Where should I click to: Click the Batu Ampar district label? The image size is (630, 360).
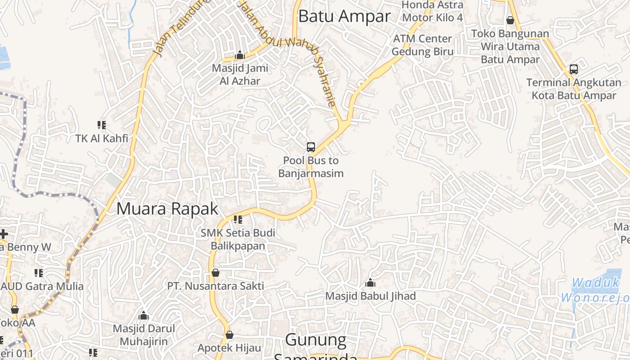[x=344, y=16]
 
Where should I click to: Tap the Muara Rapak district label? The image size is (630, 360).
[x=167, y=209]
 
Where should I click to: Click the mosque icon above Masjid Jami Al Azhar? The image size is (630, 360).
[x=240, y=55]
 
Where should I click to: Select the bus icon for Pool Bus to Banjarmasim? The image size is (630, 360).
[x=310, y=147]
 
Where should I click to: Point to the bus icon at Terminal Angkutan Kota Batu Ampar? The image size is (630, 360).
[x=574, y=69]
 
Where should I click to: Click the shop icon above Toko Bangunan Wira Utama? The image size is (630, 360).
[x=510, y=20]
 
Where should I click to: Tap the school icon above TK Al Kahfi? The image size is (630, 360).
[x=102, y=125]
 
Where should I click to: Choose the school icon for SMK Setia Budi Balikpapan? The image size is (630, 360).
[x=238, y=220]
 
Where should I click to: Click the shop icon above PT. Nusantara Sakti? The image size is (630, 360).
[x=216, y=273]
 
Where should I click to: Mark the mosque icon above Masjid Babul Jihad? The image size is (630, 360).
[x=370, y=283]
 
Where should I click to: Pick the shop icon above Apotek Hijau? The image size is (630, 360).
[x=229, y=335]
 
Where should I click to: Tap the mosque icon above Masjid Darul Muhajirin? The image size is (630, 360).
[x=144, y=315]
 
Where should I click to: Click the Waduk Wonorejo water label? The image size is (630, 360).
[x=595, y=290]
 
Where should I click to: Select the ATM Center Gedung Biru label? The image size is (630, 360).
[x=422, y=45]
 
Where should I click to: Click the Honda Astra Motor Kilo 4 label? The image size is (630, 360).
[x=432, y=11]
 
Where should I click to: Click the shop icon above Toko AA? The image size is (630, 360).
[x=15, y=310]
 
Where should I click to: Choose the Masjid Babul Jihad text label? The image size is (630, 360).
[x=370, y=296]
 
